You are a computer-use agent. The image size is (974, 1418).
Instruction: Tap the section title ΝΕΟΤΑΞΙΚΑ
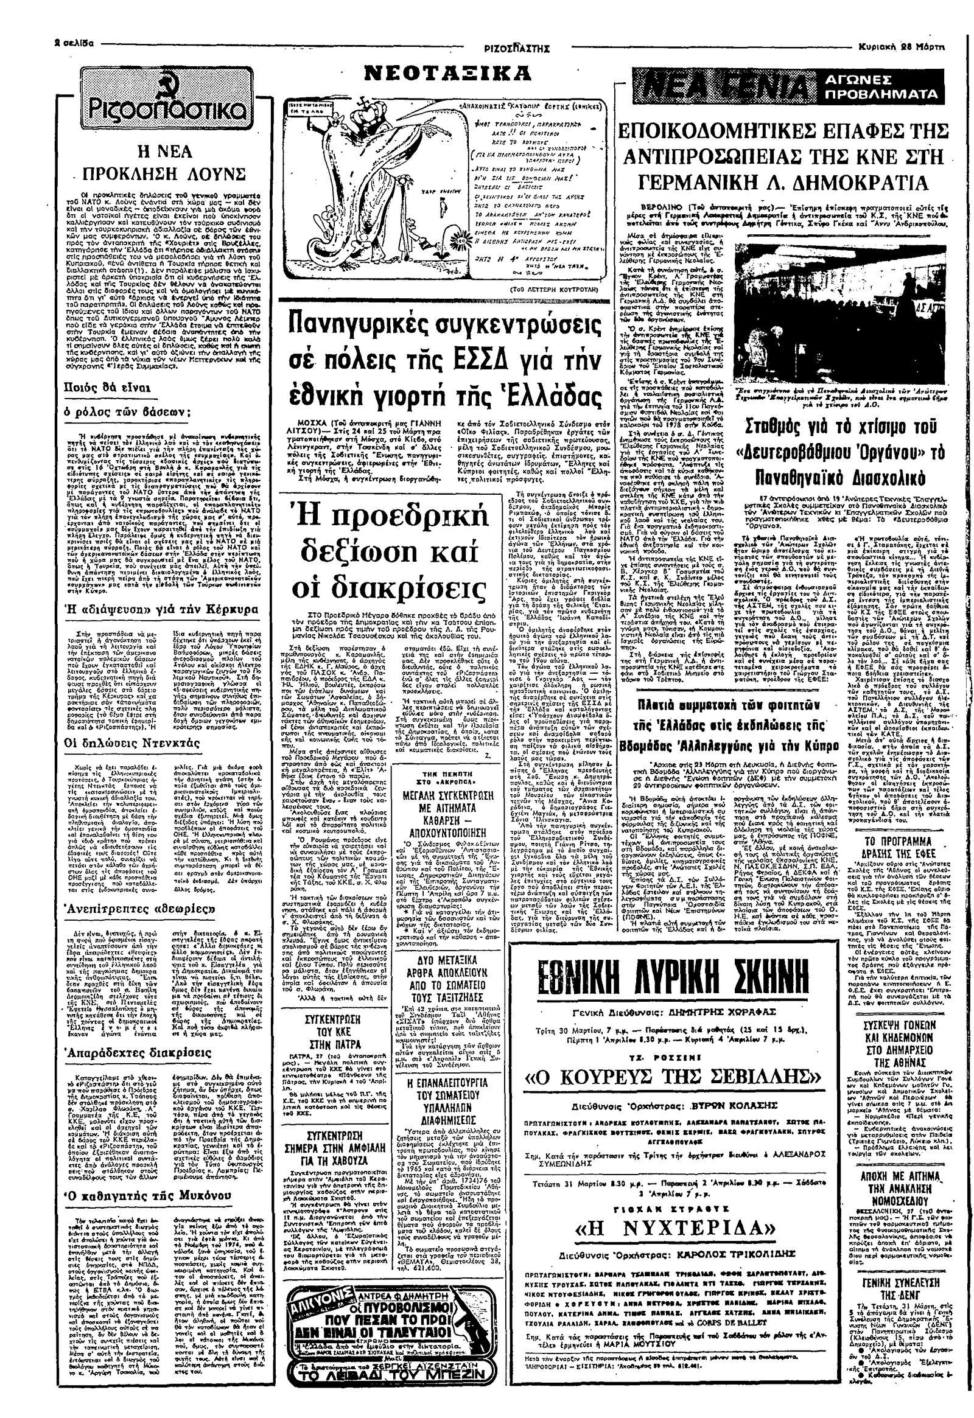(447, 74)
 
